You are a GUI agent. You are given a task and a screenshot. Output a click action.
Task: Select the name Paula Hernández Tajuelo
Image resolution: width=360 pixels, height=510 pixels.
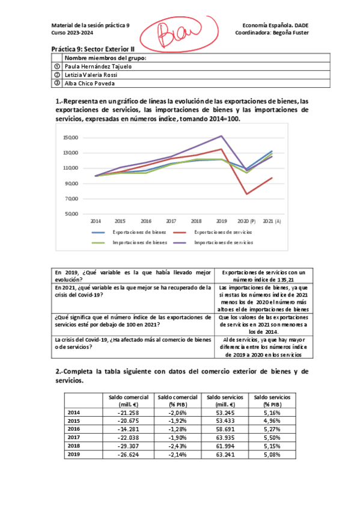coord(98,66)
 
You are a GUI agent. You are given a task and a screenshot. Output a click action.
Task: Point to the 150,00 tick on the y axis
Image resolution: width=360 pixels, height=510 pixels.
coord(70,138)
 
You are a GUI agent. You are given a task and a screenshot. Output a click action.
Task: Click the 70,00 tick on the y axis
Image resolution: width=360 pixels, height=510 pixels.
coord(72,198)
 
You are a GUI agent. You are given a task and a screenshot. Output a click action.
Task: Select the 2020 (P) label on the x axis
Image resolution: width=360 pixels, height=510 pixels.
coord(246,221)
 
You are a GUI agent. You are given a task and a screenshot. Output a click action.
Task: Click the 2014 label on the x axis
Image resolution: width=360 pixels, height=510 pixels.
coord(96,221)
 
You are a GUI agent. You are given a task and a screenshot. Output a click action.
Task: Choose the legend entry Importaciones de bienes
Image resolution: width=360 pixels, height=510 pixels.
coord(139,242)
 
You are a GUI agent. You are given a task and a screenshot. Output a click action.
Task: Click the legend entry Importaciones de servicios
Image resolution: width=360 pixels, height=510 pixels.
coord(224,242)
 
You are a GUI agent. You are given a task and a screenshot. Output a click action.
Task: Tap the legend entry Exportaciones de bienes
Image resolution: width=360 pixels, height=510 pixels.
coord(138,232)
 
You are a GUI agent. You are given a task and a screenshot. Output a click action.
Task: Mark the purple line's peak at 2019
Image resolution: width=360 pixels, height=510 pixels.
coord(222,136)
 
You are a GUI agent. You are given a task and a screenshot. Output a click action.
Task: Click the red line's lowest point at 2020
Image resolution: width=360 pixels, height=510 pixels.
coord(247,194)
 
